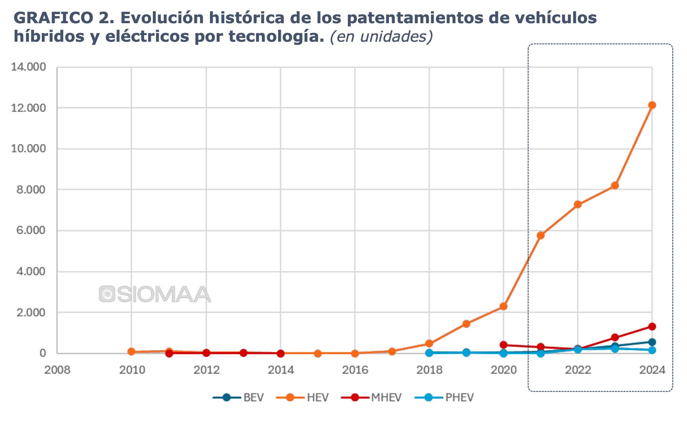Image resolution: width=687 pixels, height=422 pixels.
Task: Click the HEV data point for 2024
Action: click(652, 105)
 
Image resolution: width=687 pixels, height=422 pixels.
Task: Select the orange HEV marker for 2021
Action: click(540, 235)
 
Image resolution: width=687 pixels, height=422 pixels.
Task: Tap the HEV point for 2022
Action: click(578, 204)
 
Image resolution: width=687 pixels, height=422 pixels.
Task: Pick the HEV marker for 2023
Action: click(615, 185)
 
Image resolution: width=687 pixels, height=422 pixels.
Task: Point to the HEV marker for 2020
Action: click(503, 306)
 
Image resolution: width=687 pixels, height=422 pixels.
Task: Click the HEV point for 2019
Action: click(466, 324)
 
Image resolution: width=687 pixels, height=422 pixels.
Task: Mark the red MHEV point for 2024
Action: click(652, 327)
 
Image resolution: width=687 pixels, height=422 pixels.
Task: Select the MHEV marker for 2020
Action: click(503, 345)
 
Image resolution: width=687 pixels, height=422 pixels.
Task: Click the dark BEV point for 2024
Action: click(652, 342)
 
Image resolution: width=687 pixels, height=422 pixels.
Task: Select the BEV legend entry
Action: click(238, 398)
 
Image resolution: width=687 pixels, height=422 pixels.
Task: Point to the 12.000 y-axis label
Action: click(28, 108)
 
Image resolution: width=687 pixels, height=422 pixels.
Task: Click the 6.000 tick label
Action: click(31, 231)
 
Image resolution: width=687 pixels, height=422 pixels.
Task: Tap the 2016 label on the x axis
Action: click(355, 370)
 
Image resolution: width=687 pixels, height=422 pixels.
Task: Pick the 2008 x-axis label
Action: click(57, 370)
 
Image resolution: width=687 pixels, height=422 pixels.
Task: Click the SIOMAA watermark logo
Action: click(155, 294)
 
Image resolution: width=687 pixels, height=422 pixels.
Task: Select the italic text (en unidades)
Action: click(381, 37)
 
